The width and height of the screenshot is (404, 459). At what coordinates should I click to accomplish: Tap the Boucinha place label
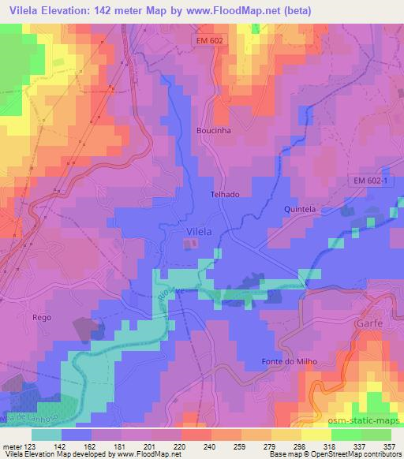click(212, 131)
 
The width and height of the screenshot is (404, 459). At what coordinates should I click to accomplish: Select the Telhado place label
click(225, 193)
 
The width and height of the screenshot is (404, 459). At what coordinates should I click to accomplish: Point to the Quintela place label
click(299, 209)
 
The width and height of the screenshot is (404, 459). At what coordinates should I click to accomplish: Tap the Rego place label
click(42, 317)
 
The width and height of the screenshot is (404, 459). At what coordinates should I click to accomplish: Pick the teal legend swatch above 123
click(47, 434)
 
